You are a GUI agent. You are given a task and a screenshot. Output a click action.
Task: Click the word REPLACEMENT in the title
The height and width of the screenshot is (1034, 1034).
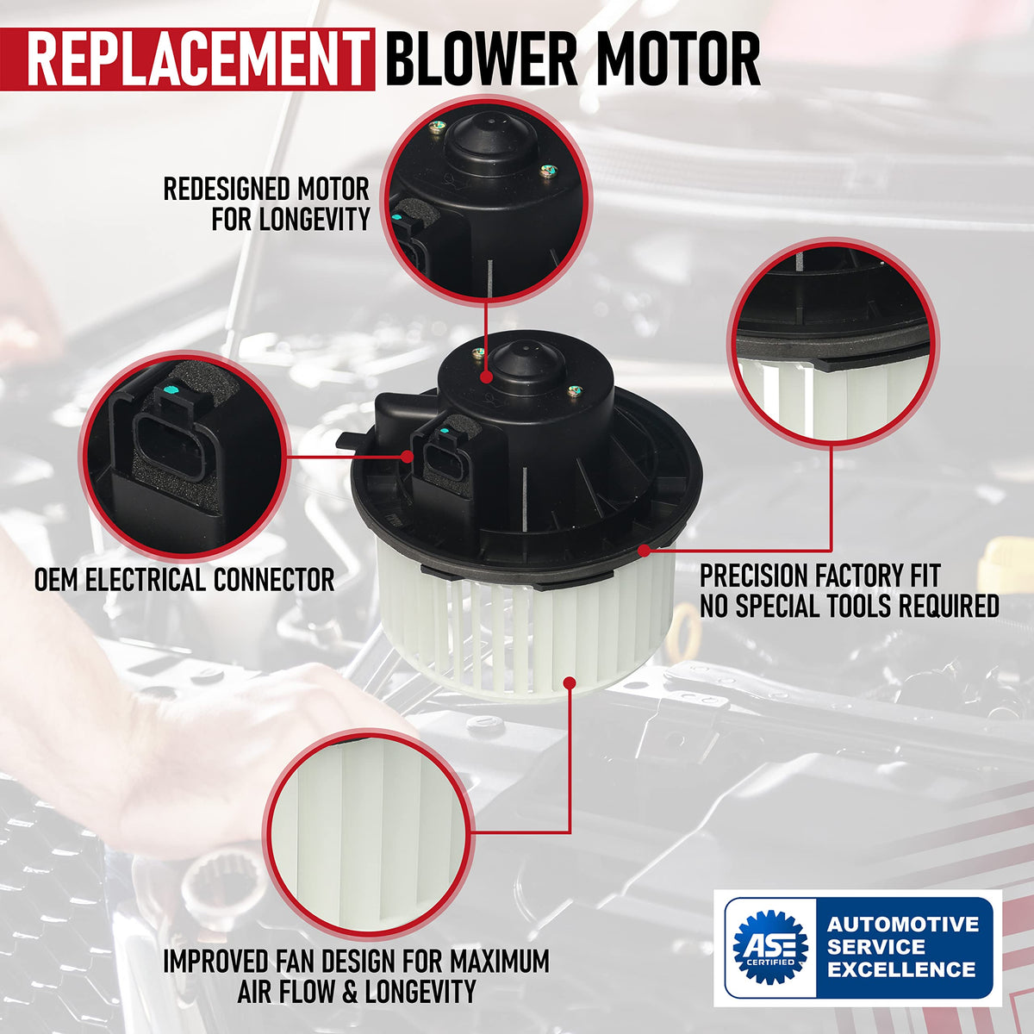(x=196, y=59)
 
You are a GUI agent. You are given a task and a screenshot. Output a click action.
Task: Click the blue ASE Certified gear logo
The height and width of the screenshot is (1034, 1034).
(x=770, y=947)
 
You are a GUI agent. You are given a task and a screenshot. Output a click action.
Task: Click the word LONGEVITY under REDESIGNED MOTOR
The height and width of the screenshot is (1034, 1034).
(x=315, y=219)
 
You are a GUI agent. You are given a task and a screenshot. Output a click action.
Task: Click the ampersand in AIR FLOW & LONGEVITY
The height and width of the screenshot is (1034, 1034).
(x=349, y=991)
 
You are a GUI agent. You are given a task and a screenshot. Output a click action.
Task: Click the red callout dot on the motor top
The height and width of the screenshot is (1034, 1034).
(x=486, y=377)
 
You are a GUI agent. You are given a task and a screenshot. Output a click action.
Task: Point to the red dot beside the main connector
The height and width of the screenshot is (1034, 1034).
(x=408, y=456)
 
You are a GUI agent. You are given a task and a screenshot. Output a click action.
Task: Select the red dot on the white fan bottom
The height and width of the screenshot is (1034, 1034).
(x=570, y=682)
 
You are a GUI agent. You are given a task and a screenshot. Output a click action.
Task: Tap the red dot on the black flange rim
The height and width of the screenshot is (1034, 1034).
(x=645, y=550)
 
